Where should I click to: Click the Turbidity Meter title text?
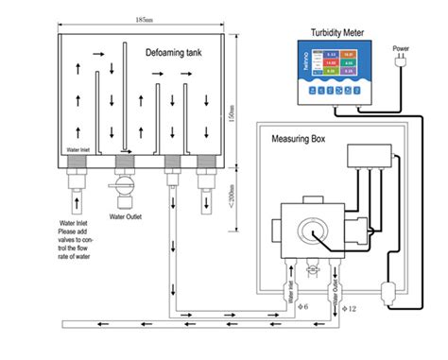coord(339,31)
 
